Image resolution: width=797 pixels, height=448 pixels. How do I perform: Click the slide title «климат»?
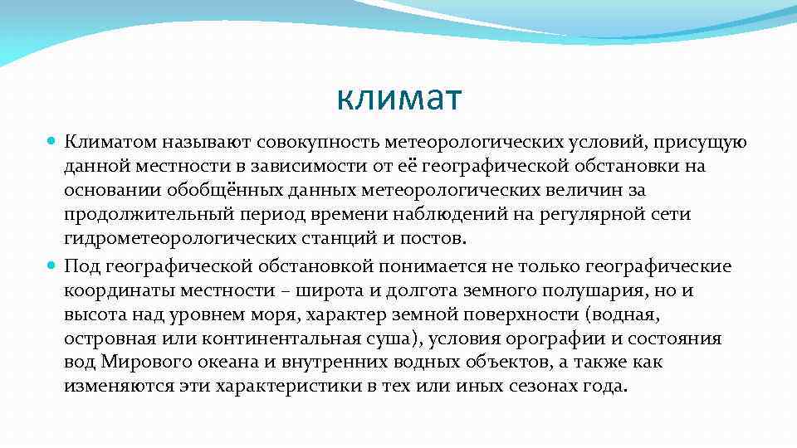398,100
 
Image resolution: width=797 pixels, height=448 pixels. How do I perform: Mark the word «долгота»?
421,290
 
